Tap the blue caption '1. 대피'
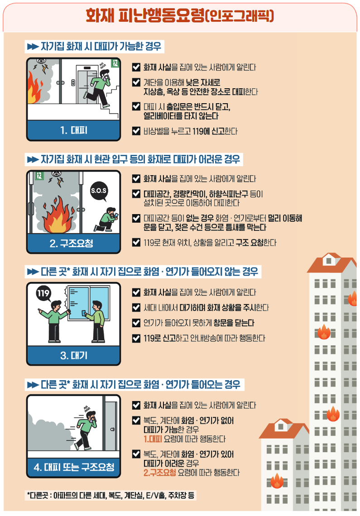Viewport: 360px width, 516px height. [x=74, y=130]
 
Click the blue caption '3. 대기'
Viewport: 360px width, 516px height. [x=74, y=355]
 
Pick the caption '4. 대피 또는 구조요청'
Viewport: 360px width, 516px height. [x=74, y=467]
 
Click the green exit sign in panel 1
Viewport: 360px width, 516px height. [x=115, y=64]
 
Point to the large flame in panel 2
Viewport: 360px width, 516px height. [x=58, y=215]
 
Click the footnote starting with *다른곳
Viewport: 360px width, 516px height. [x=111, y=495]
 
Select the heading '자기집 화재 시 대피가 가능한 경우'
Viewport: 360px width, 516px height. [x=93, y=46]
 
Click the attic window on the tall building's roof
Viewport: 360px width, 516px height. [x=328, y=260]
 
